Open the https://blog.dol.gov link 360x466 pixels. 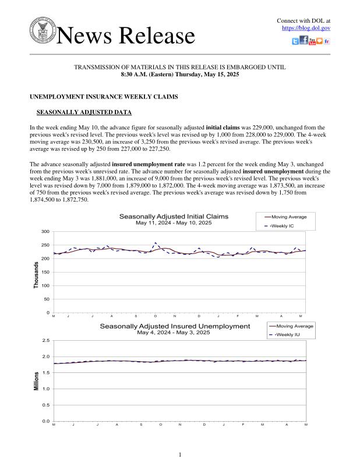306,28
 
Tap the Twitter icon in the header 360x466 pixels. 295,41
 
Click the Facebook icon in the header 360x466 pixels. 303,41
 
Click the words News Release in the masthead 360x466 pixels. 126,36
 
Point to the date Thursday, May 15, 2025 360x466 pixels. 207,75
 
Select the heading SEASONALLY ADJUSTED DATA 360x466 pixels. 84,112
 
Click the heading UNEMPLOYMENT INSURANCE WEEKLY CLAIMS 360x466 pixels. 104,96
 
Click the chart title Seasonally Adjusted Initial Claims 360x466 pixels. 174,216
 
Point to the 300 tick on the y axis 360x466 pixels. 44,232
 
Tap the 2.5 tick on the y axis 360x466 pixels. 46,340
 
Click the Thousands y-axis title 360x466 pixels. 36,274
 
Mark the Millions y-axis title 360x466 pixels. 36,380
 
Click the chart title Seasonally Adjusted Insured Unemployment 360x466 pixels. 175,326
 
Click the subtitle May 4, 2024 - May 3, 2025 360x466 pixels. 174,333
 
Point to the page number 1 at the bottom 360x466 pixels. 180,454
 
